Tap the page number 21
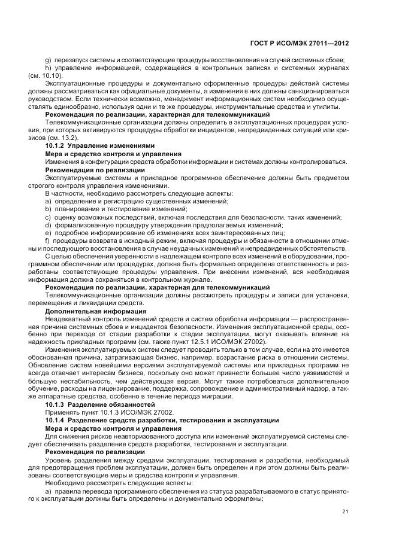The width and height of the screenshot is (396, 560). click(x=346, y=511)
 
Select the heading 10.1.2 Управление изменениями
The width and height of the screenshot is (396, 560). click(x=92, y=145)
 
